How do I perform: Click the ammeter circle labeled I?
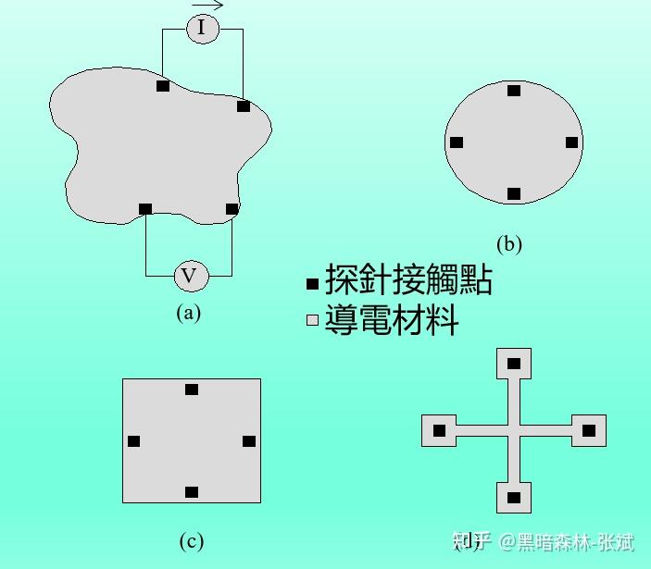point(202,30)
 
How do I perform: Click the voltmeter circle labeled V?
point(191,275)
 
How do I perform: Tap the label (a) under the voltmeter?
point(188,312)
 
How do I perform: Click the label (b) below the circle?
point(508,244)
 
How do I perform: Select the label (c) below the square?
point(191,541)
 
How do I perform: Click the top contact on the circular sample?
point(514,91)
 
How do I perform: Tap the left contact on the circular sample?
point(457,142)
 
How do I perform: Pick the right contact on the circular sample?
point(571,142)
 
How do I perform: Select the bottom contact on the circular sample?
point(514,194)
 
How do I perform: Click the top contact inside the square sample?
point(192,390)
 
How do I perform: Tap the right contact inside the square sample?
point(249,441)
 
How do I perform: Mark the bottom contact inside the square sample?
point(192,492)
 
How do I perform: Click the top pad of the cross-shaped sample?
point(514,364)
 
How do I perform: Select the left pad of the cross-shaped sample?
point(439,430)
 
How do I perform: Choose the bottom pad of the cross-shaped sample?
point(514,498)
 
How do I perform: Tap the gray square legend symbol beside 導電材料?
point(313,321)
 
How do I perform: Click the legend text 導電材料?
point(392,320)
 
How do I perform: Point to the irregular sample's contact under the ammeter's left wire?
point(163,86)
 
